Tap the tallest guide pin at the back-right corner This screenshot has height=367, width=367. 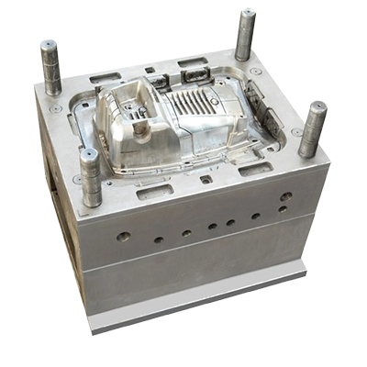point(245,35)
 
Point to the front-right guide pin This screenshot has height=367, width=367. point(312,128)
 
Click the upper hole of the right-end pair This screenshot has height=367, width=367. point(286,196)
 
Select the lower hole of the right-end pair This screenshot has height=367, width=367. point(283,209)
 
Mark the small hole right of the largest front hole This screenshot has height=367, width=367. point(159,240)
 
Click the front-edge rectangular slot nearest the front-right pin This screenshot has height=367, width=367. point(254,169)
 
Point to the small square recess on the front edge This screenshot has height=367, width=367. point(206,180)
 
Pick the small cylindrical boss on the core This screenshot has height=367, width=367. point(140,128)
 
